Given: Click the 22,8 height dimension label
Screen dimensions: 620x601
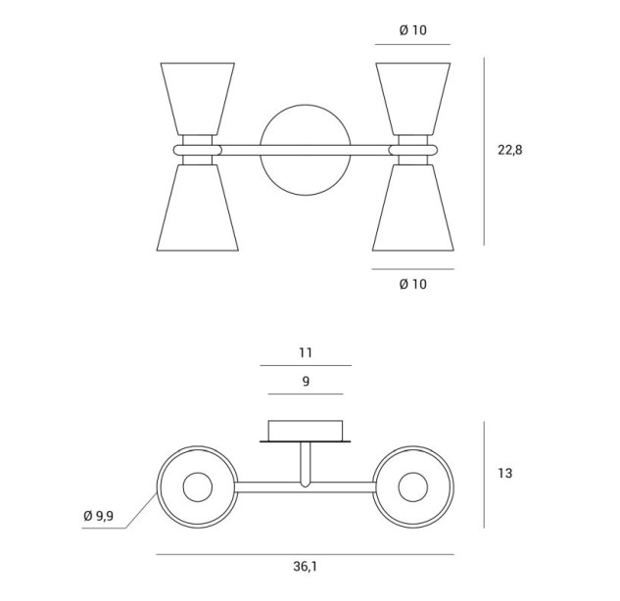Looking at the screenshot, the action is pos(509,150).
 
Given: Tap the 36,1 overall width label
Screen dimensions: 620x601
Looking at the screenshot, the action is pos(305,567).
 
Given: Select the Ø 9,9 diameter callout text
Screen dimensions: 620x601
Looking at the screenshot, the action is pos(99,515).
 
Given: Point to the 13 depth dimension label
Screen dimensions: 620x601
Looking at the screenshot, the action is pos(505,473).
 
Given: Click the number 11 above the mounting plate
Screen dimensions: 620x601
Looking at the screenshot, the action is pos(306,352).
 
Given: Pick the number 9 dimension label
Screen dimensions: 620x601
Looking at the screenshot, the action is pos(306,382).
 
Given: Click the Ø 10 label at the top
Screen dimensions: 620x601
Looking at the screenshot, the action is pos(412,30).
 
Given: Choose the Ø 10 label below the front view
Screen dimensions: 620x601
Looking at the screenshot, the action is pos(412,284).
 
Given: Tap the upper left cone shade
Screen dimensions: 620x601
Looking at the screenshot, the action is pos(197,99).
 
